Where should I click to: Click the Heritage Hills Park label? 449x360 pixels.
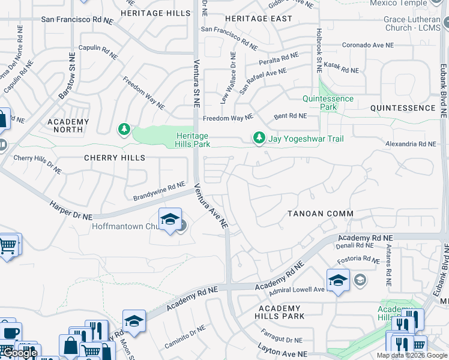(x=193, y=140)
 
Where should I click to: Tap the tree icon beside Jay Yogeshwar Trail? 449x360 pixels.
(x=259, y=139)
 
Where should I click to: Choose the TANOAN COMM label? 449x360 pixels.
(x=320, y=214)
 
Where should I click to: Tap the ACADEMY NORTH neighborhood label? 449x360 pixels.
(x=68, y=126)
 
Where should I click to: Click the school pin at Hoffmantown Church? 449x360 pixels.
(x=170, y=220)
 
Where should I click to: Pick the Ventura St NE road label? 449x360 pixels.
(x=196, y=82)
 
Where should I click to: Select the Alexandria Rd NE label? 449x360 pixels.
(x=411, y=144)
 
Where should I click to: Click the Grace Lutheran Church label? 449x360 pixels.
(x=413, y=23)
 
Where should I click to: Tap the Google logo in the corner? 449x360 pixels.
(x=19, y=353)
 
